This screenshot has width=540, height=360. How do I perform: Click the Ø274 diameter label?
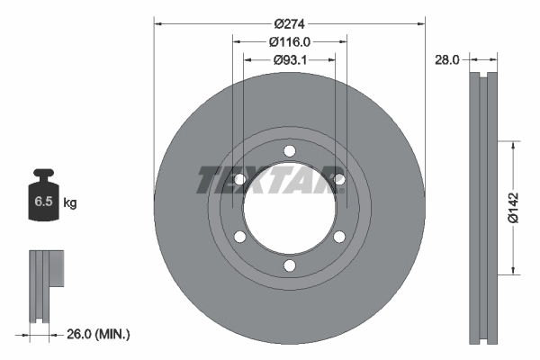(x=289, y=24)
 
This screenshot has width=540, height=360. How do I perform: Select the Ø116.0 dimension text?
(x=289, y=42)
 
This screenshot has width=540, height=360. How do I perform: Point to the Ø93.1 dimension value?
(x=290, y=60)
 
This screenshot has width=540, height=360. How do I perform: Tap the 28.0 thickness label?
(x=447, y=60)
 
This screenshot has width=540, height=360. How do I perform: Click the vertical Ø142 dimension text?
(x=514, y=208)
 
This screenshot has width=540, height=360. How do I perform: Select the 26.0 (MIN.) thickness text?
(x=98, y=334)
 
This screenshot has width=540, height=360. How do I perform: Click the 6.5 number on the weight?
(x=43, y=202)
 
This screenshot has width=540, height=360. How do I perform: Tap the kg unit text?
(x=70, y=202)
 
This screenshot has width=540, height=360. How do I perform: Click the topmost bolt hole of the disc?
(x=290, y=151)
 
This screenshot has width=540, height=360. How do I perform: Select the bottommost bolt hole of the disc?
(x=290, y=265)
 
